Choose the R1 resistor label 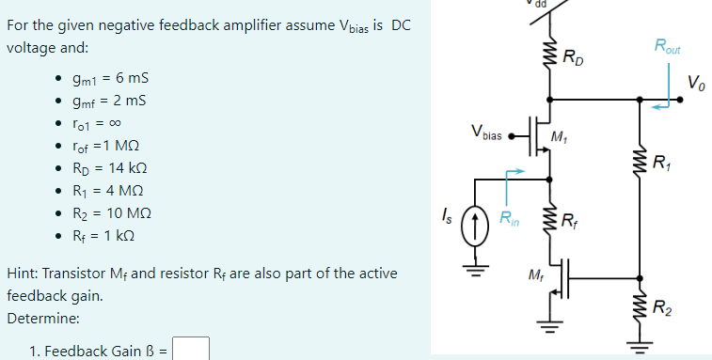[x=661, y=158]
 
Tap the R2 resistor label [x=661, y=304]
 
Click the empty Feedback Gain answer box [x=191, y=350]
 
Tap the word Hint [x=22, y=274]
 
